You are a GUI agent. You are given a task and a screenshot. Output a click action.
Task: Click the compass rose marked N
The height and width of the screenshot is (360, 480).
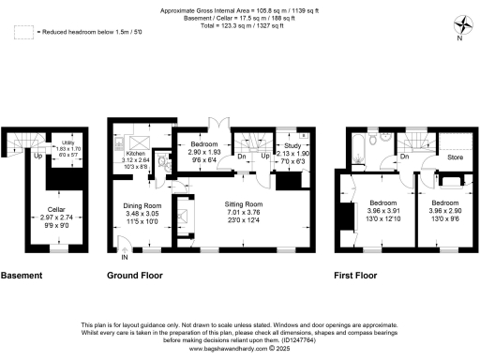tap(461, 25)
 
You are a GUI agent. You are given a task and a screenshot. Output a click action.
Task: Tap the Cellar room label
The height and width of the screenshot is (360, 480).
tap(49, 211)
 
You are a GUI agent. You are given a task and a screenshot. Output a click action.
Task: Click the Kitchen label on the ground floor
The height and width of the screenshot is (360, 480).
tap(136, 152)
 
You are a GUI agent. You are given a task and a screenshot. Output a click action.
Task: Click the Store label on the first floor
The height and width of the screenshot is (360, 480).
tap(456, 157)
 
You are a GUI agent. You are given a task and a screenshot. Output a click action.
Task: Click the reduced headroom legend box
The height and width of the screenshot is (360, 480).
tap(23, 32)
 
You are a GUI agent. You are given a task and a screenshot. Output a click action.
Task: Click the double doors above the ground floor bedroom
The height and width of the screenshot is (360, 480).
tap(216, 122)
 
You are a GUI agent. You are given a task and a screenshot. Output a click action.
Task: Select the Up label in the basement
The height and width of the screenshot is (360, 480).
tap(37, 156)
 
